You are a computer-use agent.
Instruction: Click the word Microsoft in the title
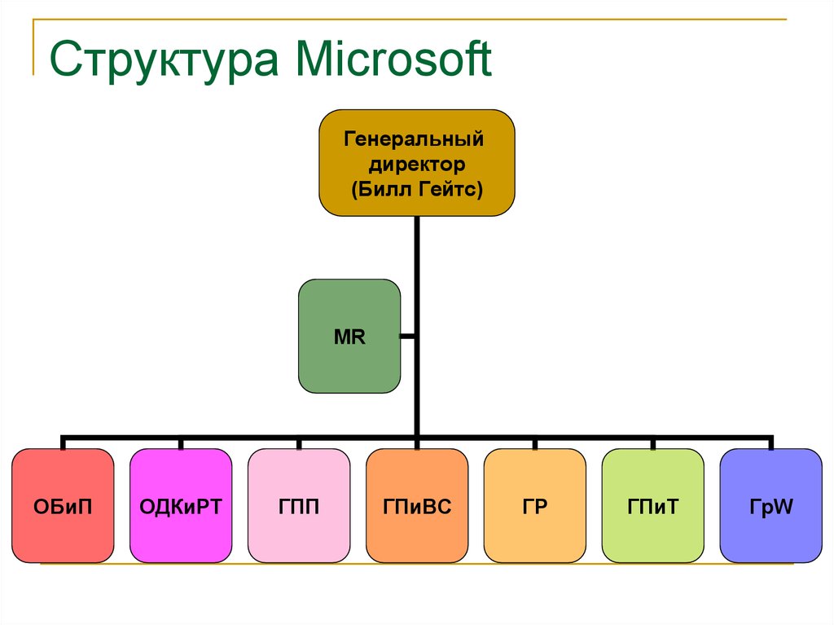click(394, 59)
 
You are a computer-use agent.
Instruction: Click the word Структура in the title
click(164, 60)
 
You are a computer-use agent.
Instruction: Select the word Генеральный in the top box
click(414, 139)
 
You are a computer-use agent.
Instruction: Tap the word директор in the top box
click(417, 164)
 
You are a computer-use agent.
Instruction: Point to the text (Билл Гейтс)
click(417, 189)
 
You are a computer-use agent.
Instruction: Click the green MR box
click(349, 337)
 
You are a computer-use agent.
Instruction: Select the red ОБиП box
click(63, 506)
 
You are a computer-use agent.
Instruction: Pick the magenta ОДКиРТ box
click(181, 506)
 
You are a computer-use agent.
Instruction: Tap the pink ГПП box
click(299, 506)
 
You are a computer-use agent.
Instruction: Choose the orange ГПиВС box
click(417, 506)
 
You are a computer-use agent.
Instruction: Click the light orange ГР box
click(535, 506)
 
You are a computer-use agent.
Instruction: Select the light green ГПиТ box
click(653, 506)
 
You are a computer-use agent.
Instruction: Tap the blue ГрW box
click(771, 506)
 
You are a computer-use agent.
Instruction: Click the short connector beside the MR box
click(407, 337)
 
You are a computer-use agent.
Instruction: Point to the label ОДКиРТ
click(181, 507)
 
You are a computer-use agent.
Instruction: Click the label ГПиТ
click(653, 507)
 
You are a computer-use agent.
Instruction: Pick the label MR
click(349, 337)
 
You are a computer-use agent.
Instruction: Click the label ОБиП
click(63, 507)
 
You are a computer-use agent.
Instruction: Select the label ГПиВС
click(417, 507)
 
